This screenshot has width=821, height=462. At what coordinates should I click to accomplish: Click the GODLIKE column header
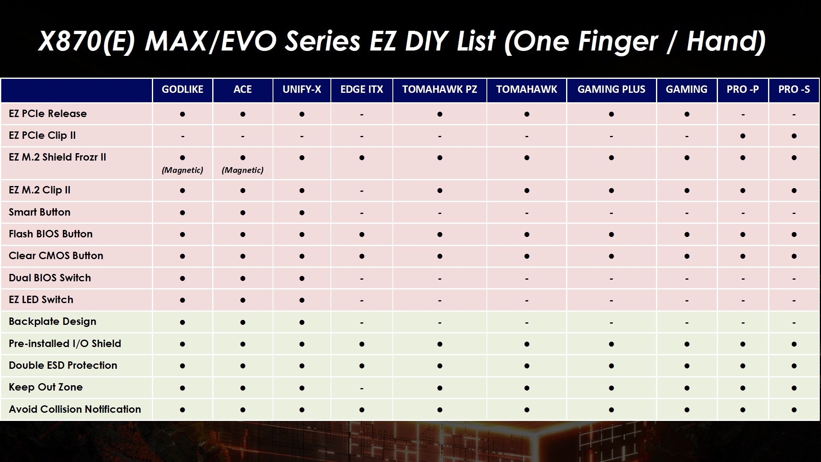(x=182, y=90)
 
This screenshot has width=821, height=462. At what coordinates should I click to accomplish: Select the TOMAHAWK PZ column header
(x=440, y=90)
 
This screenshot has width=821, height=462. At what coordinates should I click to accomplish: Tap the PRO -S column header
(x=794, y=90)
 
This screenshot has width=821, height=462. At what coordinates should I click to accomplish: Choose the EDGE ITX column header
(x=362, y=90)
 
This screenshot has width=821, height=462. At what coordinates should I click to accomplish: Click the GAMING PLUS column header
(x=611, y=90)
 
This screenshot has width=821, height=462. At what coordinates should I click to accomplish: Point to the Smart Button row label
(x=39, y=212)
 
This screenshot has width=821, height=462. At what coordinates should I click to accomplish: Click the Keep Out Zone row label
(x=46, y=387)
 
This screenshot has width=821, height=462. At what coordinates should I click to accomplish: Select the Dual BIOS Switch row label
(x=50, y=278)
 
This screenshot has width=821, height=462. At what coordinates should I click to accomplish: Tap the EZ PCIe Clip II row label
(x=42, y=136)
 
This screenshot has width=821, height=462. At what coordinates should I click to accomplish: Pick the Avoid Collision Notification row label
(x=75, y=409)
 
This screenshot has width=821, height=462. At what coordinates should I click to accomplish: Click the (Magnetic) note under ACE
(x=243, y=170)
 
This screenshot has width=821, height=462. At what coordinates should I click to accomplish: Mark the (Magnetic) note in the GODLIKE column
(x=182, y=170)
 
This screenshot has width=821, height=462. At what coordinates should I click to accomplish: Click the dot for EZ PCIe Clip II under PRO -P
(x=743, y=136)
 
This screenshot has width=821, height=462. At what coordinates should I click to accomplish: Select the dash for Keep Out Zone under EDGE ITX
(x=362, y=388)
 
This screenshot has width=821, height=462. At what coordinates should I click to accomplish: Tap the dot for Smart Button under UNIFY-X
(x=302, y=213)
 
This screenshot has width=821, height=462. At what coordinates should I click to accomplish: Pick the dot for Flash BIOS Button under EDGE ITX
(x=362, y=234)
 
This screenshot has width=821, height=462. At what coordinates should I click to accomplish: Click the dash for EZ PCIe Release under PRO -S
(x=794, y=115)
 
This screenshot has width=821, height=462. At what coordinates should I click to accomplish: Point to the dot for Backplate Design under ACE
(x=243, y=322)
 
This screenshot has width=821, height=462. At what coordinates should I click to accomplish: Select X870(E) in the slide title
(x=86, y=42)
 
